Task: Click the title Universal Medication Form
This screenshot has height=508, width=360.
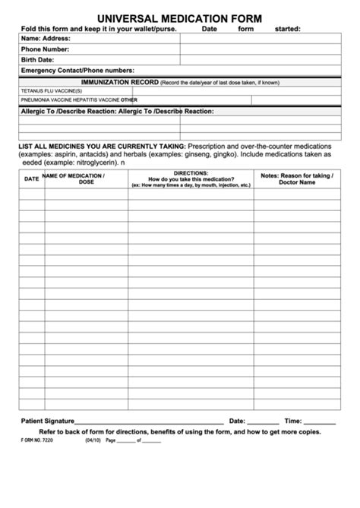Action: click(x=179, y=17)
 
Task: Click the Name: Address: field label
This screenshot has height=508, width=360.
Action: click(x=46, y=38)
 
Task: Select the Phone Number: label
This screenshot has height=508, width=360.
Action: click(x=45, y=49)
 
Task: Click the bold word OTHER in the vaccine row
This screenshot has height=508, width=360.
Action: click(x=129, y=99)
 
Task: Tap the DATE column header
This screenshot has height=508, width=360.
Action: click(x=31, y=179)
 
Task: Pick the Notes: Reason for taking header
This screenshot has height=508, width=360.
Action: click(x=295, y=178)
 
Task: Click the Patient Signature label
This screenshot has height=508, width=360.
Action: click(x=46, y=421)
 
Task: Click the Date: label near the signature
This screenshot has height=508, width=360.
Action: click(x=237, y=421)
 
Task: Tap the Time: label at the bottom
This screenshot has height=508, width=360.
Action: click(x=292, y=421)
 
